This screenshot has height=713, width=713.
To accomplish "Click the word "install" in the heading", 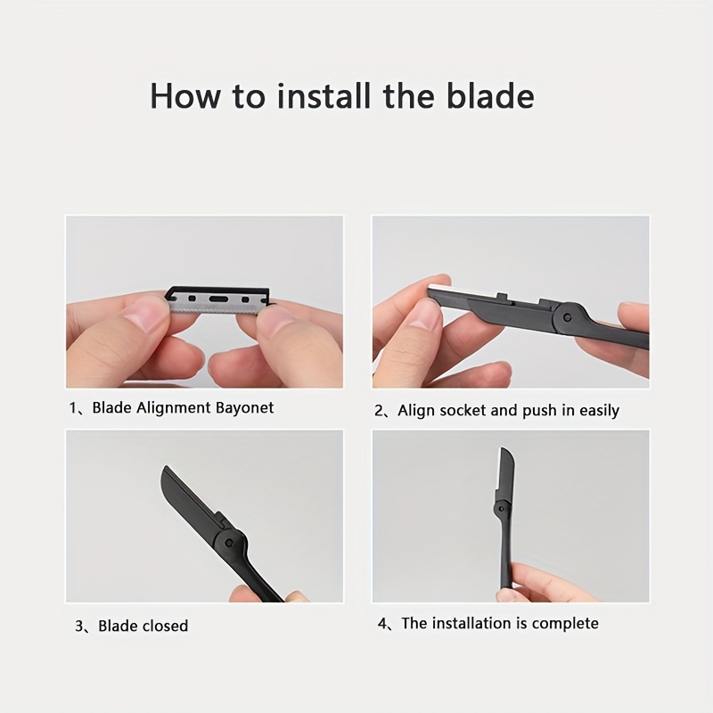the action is click(324, 96).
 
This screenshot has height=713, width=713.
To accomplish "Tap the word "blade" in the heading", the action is click(490, 96).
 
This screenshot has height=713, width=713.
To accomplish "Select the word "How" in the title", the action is click(185, 96).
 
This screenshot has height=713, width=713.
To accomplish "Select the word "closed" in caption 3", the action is click(165, 627).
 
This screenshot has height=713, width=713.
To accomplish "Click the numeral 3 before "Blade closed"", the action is click(79, 627).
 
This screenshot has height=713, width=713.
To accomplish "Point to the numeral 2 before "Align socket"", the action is click(379, 411).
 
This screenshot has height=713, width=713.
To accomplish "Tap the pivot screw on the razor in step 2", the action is click(567, 317).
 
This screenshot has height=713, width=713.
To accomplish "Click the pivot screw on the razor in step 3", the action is click(229, 543).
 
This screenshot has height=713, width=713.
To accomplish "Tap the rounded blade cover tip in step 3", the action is click(166, 471).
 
